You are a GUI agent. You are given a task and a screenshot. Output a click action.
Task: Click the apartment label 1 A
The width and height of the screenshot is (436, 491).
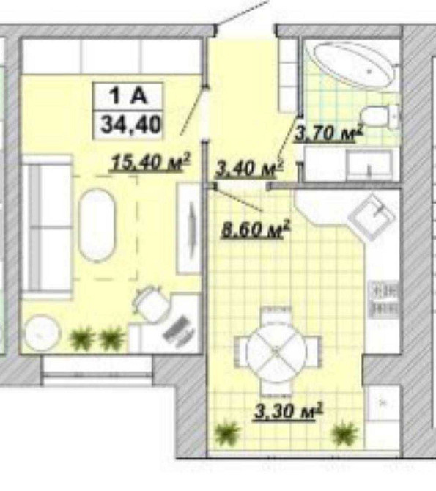128,95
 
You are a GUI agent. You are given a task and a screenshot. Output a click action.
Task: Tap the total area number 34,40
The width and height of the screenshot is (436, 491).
130,125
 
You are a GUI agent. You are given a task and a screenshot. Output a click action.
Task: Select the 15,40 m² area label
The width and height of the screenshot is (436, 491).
150,162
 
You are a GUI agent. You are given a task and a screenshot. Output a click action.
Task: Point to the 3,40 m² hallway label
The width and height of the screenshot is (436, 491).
250,168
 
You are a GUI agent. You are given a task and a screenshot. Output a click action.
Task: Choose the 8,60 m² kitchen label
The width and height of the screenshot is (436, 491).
255,229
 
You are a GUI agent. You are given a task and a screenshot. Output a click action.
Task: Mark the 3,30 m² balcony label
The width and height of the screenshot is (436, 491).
288,410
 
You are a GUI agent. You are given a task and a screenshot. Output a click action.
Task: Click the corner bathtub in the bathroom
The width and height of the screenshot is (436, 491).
352,64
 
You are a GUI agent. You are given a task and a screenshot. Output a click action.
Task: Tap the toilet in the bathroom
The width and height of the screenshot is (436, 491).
379,117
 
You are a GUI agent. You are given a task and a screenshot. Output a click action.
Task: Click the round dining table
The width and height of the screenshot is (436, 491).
276,352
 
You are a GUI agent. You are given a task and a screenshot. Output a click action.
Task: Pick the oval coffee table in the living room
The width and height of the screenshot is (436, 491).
97,225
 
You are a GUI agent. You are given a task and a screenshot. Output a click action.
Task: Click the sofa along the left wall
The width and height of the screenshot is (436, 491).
47,227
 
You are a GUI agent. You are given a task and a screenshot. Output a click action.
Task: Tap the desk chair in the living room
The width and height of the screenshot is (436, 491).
151,303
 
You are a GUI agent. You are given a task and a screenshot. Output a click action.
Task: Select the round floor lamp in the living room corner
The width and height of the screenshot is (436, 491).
42,333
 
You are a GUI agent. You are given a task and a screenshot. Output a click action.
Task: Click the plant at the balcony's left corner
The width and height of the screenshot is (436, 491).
227,433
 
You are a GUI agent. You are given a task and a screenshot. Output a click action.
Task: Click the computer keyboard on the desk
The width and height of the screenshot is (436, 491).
179,331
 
